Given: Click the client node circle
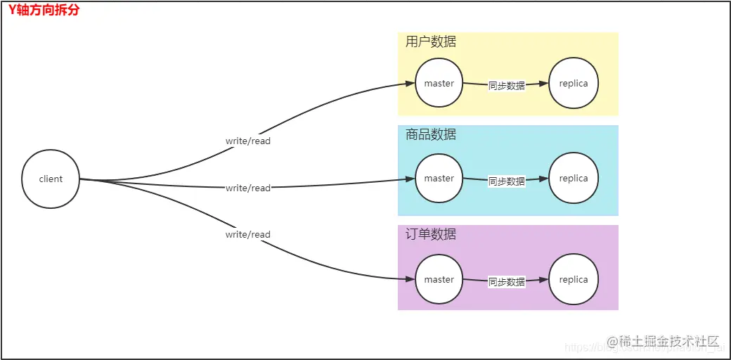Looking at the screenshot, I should click(51, 179).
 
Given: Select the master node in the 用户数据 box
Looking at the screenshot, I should click(439, 84).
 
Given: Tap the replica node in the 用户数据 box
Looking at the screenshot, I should click(574, 84).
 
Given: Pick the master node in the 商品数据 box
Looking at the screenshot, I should click(439, 179).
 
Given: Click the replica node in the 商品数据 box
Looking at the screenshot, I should click(574, 179).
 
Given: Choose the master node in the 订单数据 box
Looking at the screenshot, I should click(439, 280).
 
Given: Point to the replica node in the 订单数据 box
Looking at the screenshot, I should click(574, 280).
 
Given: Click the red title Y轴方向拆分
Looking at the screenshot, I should click(44, 11).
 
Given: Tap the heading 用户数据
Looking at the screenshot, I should click(431, 42).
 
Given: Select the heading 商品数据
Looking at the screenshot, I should click(431, 134).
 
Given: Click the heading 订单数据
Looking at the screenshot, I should click(431, 234).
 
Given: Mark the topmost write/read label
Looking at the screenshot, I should click(247, 141).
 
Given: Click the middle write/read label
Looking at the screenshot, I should click(247, 188).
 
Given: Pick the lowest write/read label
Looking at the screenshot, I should click(247, 235).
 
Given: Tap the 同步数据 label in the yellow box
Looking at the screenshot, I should click(507, 86).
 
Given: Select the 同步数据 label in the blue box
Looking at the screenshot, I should click(507, 181).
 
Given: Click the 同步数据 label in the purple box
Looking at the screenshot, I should click(507, 282).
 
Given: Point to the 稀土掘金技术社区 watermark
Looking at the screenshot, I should click(664, 342).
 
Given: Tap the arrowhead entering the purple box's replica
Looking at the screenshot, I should click(543, 280).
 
